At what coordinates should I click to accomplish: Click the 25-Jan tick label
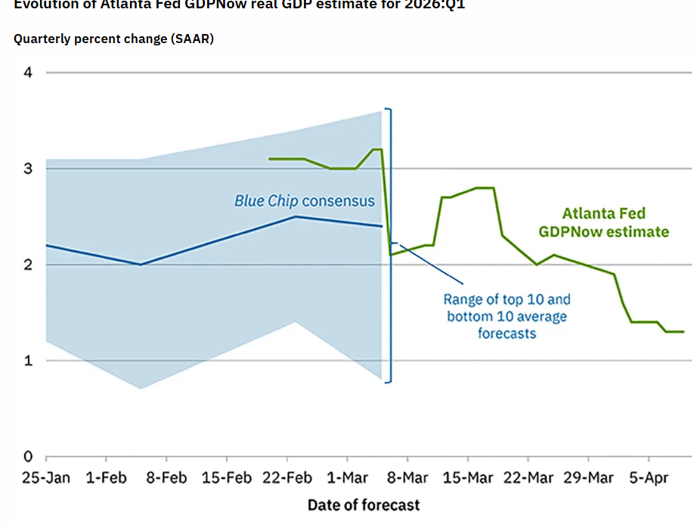tap(46, 478)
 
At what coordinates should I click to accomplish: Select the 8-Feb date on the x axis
tap(166, 478)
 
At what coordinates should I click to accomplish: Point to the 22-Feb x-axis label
tap(288, 478)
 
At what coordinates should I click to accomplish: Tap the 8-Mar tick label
tap(407, 478)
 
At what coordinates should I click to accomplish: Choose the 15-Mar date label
tap(467, 478)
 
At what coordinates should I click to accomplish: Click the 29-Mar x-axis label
tap(589, 478)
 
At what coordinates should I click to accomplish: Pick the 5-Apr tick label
tap(649, 478)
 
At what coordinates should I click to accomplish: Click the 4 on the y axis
tap(28, 73)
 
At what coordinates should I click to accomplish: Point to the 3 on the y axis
tap(28, 169)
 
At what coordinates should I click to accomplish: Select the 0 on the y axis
tap(28, 457)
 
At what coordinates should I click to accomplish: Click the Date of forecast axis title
tap(363, 505)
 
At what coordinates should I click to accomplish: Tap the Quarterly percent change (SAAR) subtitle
tap(113, 39)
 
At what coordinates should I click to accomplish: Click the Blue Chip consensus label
tap(304, 201)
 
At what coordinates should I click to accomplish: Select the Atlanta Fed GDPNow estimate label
tap(603, 223)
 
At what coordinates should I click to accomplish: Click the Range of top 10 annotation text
tap(506, 315)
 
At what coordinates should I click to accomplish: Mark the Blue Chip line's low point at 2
tap(141, 265)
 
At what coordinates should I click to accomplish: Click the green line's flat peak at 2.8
tap(484, 188)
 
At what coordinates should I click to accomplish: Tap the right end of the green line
tap(683, 331)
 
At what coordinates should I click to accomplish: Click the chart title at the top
tap(239, 5)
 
